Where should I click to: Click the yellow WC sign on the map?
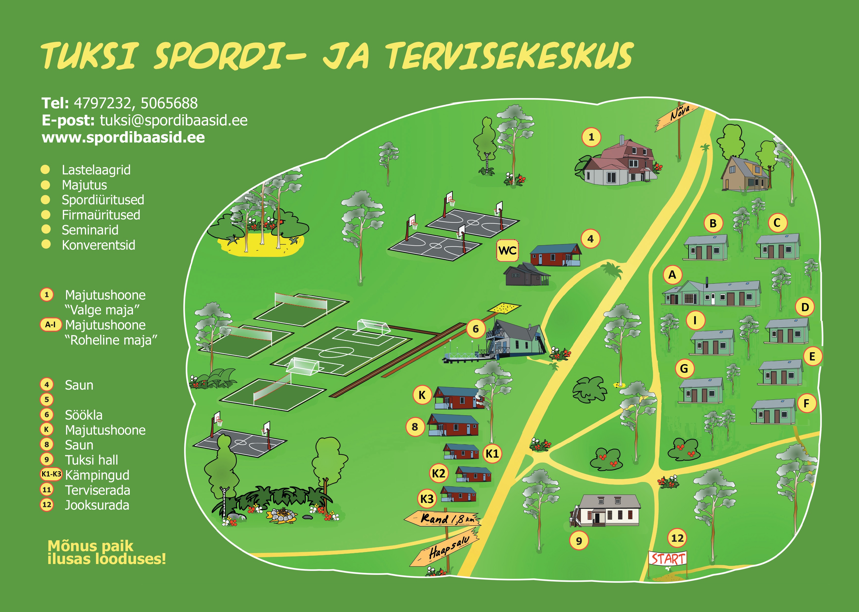click(x=507, y=250)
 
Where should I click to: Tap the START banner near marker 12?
click(x=668, y=558)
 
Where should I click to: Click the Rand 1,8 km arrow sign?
click(x=442, y=519)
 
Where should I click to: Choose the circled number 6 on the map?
click(x=476, y=329)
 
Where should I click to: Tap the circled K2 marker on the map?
click(x=438, y=473)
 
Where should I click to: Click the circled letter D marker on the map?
click(x=805, y=307)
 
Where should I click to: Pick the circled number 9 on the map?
click(x=579, y=541)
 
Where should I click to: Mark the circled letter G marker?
click(x=684, y=369)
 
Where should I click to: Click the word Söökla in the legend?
click(x=84, y=415)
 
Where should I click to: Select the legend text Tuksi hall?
click(x=92, y=460)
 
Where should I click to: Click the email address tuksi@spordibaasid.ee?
click(x=173, y=120)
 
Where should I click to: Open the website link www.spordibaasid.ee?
click(x=123, y=137)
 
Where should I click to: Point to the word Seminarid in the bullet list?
click(x=90, y=230)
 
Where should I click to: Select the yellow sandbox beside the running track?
click(x=504, y=308)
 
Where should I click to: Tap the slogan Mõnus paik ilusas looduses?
click(x=107, y=552)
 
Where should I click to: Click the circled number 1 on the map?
click(x=591, y=137)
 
